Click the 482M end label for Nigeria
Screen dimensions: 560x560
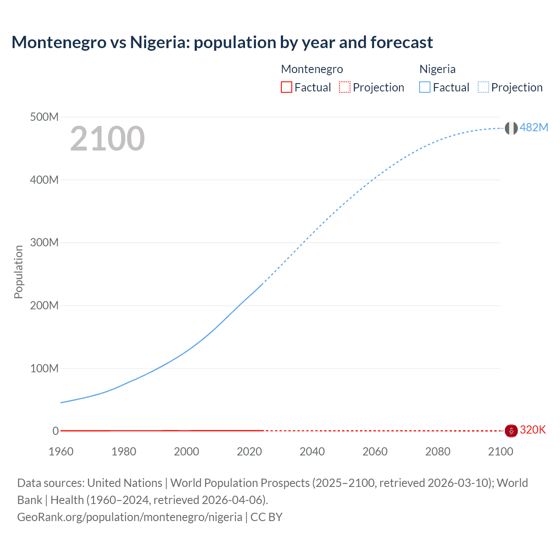coord(534,127)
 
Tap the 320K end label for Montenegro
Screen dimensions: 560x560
coord(533,430)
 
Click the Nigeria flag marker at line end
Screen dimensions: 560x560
coord(511,128)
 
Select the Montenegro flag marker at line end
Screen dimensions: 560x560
coord(511,430)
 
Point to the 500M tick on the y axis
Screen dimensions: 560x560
coord(44,117)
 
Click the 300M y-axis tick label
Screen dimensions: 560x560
coord(44,242)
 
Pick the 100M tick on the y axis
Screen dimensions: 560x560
coord(44,368)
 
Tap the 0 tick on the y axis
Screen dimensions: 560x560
coord(56,431)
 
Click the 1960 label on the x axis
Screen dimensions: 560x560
coord(61,451)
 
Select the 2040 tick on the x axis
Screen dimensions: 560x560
coord(312,451)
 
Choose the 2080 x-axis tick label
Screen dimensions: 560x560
coord(437,451)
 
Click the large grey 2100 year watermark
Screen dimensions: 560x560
coord(107,139)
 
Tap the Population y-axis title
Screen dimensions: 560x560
coord(18,272)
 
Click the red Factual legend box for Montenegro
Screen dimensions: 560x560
coord(287,87)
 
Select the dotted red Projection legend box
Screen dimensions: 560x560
coord(345,87)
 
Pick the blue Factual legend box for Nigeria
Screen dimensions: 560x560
coord(425,87)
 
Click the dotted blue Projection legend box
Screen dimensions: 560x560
coord(483,87)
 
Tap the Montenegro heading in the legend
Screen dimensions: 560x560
coord(312,69)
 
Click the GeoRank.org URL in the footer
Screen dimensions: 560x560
coord(129,517)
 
